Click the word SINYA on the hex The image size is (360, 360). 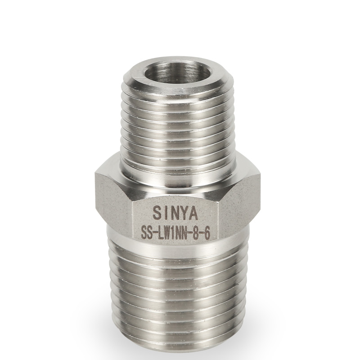point(175,213)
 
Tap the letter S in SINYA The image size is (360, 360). point(157,213)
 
